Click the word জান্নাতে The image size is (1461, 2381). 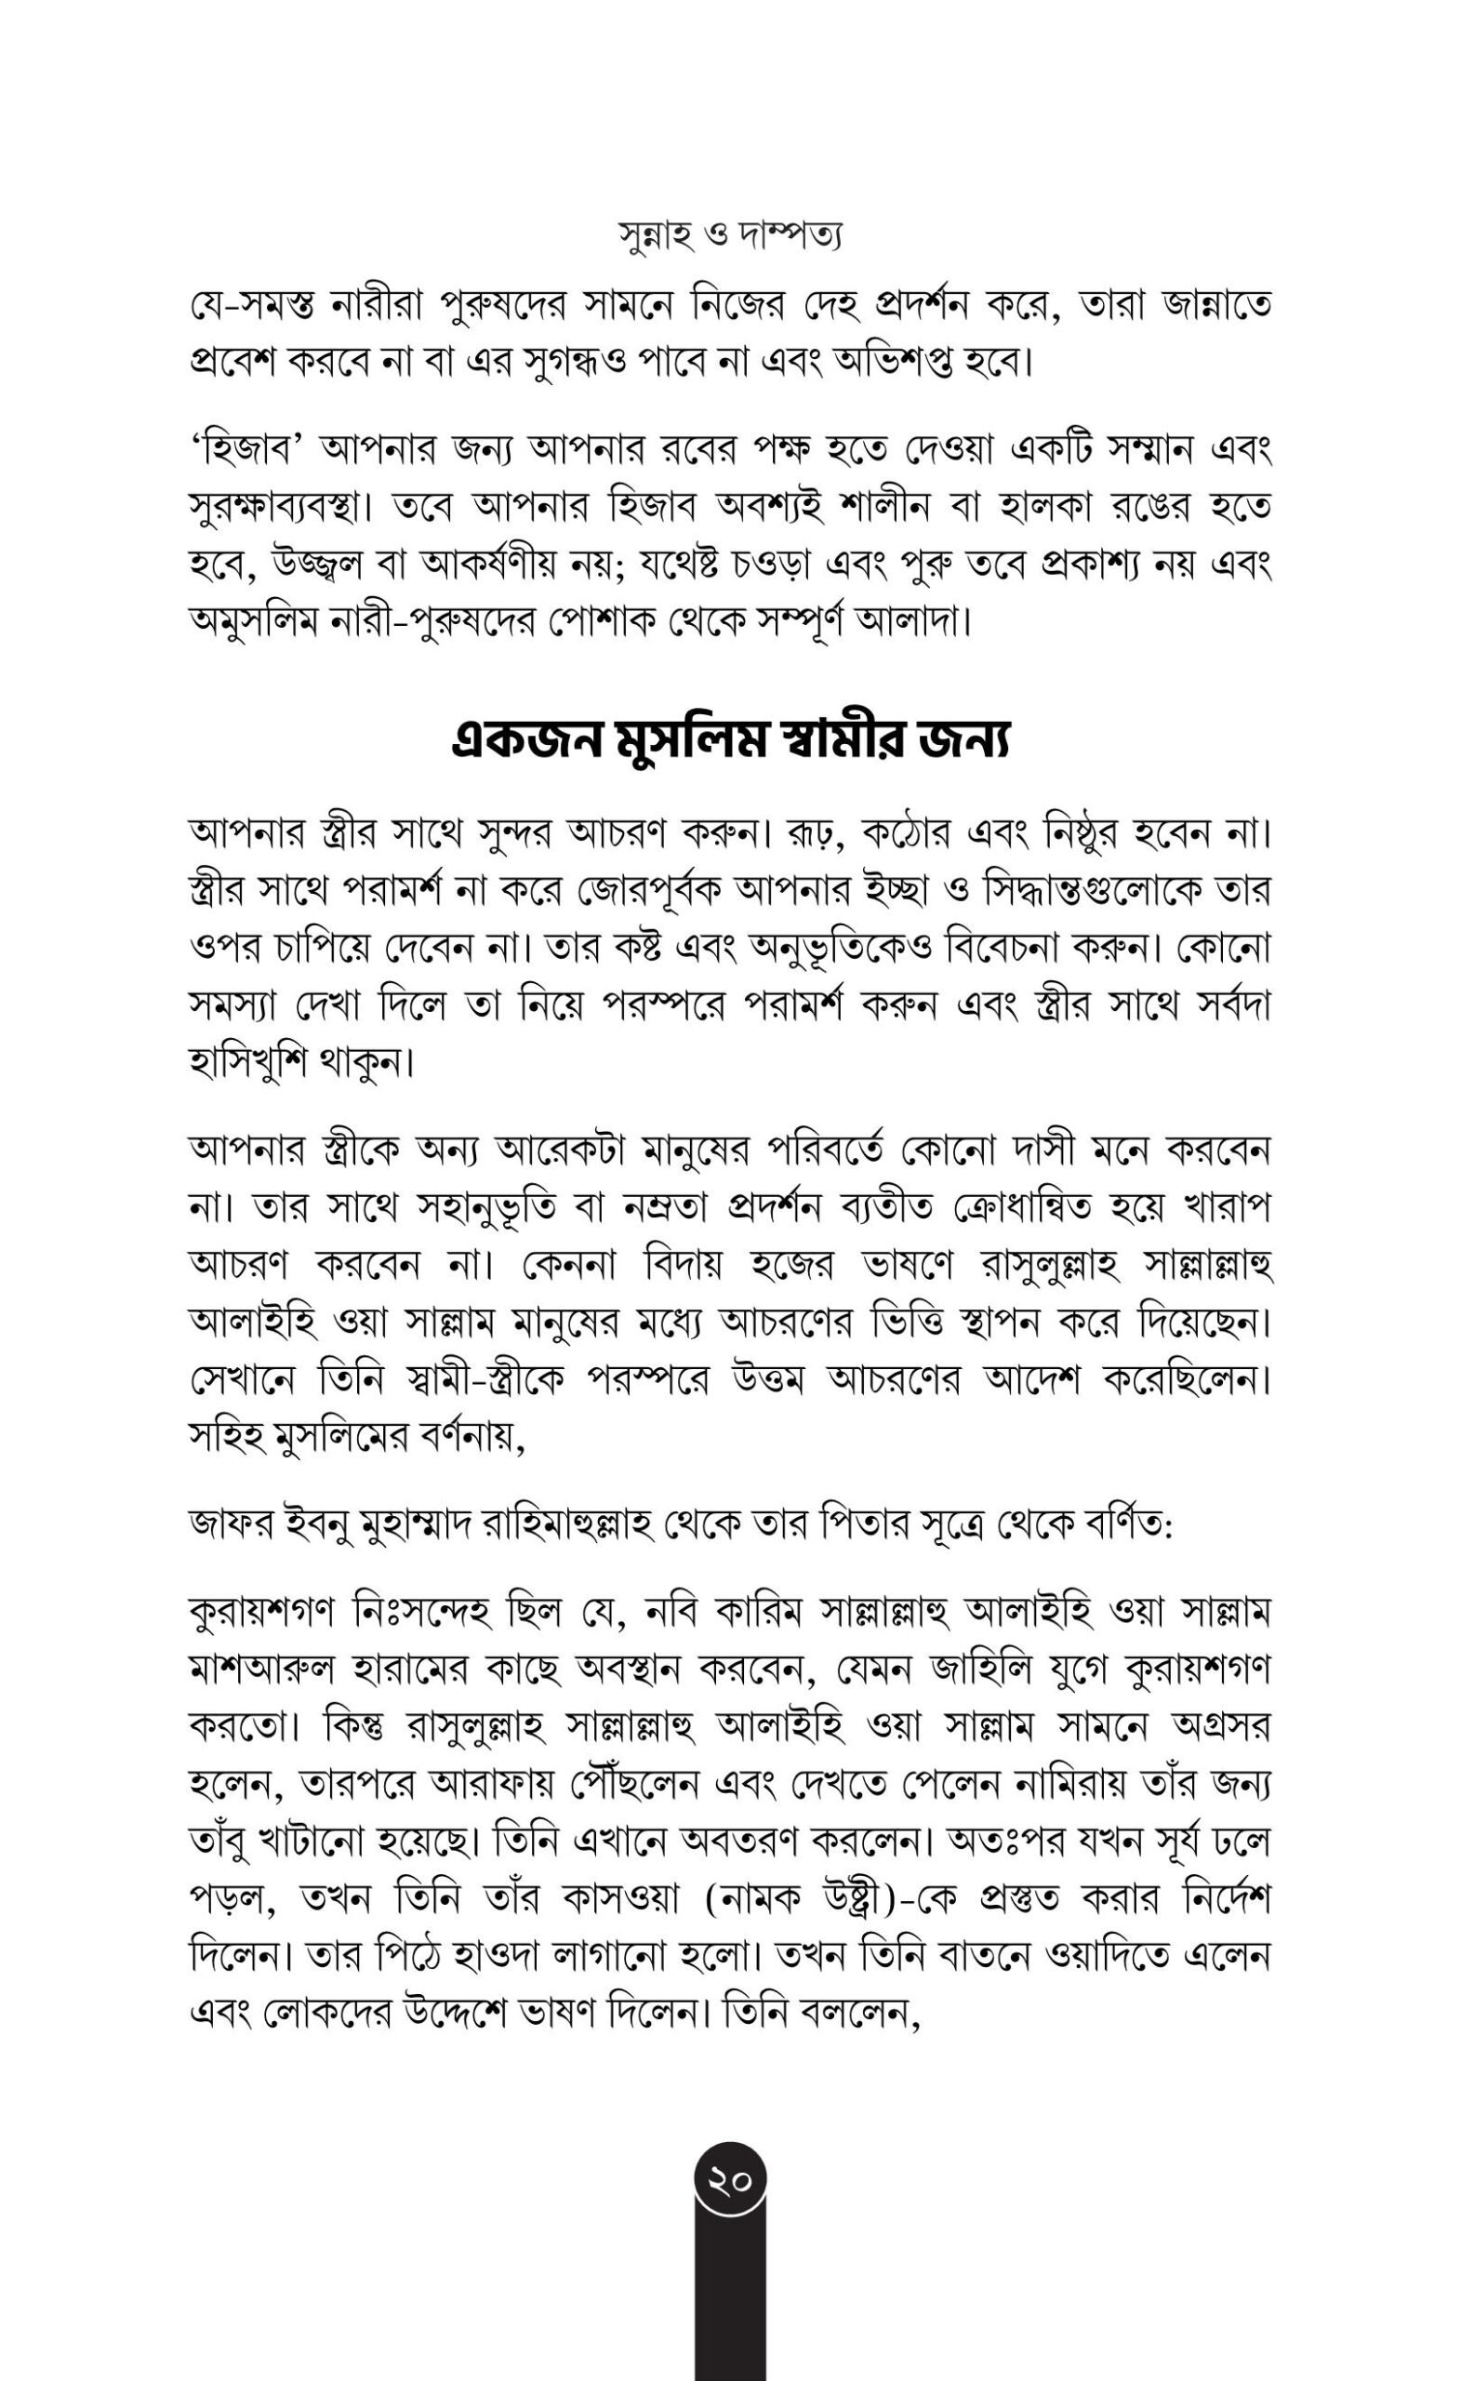(1216, 306)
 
